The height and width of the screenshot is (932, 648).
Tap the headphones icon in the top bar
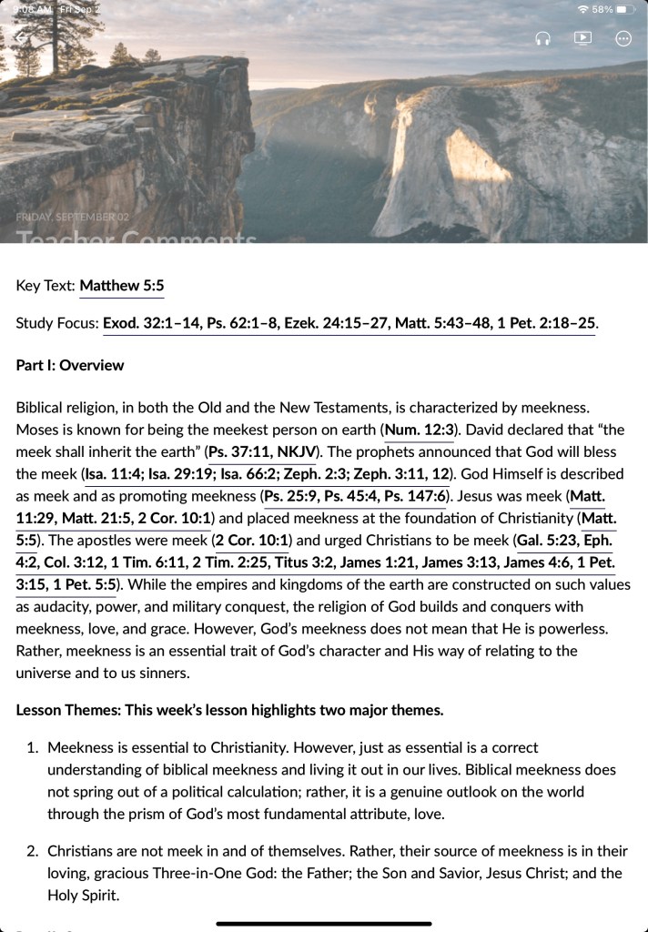pos(543,38)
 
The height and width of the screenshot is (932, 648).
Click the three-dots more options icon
pos(623,38)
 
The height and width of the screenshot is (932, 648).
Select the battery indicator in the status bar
pos(624,9)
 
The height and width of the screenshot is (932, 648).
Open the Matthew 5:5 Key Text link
pos(122,286)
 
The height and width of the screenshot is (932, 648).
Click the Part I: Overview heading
pos(70,365)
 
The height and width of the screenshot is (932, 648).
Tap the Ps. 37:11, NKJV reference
pos(261,451)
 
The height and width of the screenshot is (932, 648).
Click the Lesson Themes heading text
pos(229,710)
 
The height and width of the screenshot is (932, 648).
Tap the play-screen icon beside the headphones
pos(582,38)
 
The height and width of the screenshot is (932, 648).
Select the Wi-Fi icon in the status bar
pos(582,9)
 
